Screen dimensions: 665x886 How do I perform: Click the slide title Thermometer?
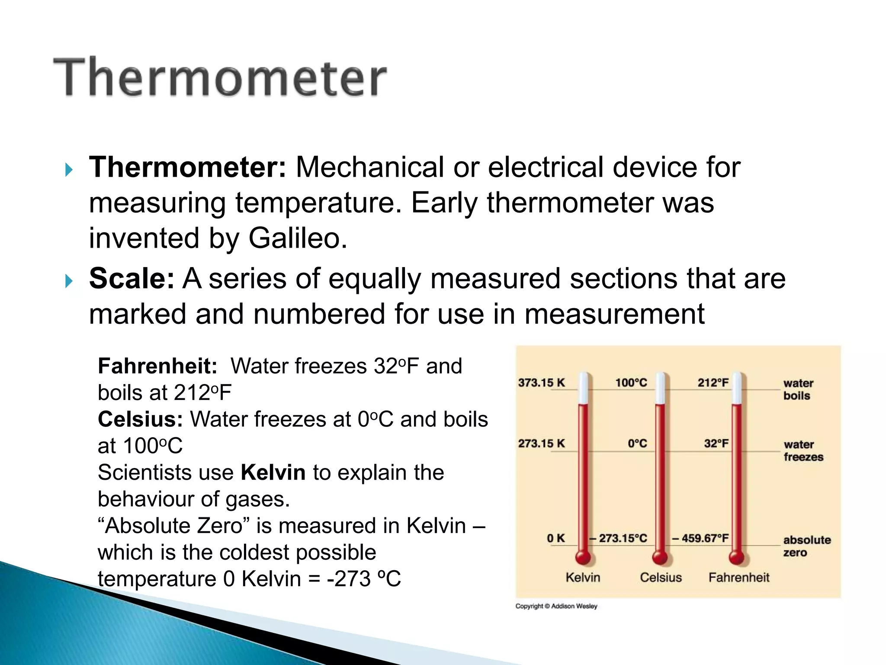220,77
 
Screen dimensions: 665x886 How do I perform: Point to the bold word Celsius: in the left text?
140,420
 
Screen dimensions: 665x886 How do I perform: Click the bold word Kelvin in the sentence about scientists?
273,472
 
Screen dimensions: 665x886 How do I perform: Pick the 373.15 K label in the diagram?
541,383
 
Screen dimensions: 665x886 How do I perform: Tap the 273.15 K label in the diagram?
541,443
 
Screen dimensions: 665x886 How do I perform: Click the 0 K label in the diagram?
555,538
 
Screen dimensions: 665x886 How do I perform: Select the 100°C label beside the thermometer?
631,383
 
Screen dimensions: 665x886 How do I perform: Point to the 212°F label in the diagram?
713,383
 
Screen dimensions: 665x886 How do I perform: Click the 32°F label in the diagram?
716,443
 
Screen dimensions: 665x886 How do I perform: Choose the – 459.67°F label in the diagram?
700,538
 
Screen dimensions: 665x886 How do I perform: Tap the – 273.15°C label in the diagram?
618,538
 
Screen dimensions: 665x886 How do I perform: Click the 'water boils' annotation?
798,389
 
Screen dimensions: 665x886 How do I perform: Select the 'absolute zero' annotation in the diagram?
807,546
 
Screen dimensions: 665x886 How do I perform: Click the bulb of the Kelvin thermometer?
583,557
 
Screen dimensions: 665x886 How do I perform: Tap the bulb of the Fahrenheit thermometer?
736,557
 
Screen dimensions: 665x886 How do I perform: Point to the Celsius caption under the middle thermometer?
661,578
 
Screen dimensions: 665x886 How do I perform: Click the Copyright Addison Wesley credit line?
556,606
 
